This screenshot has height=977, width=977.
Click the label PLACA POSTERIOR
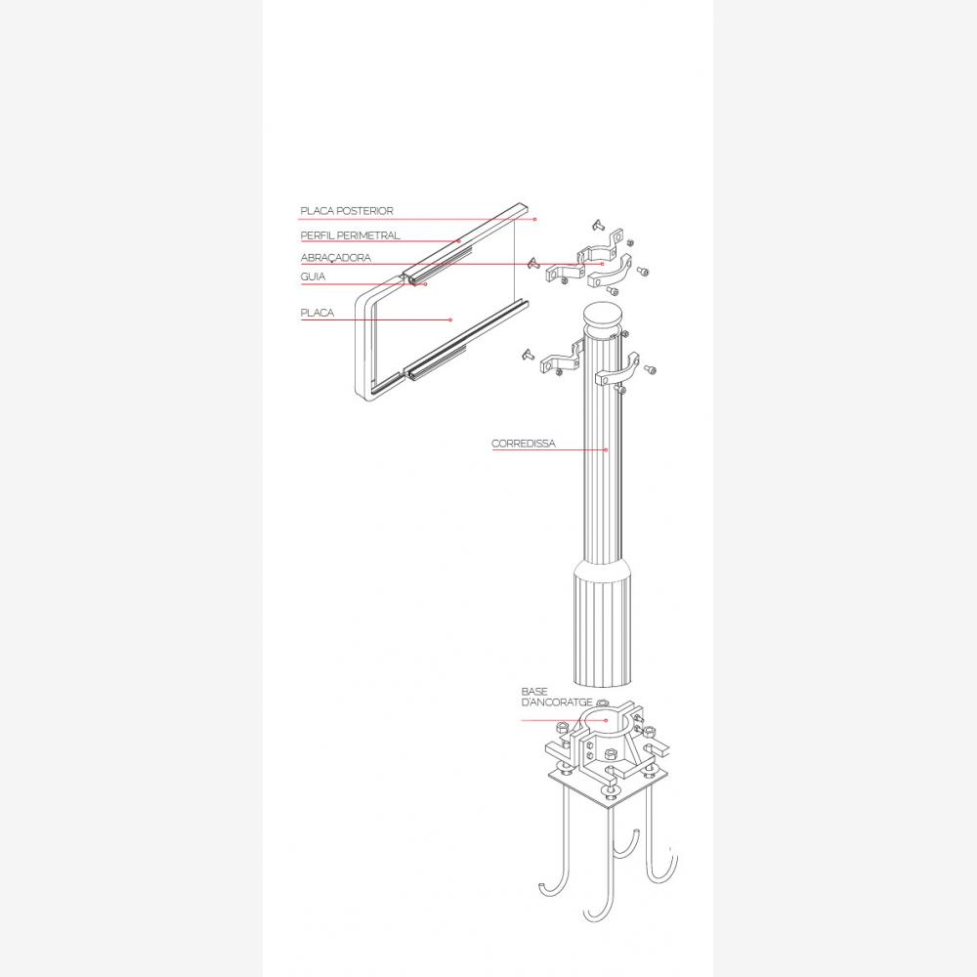coord(347,211)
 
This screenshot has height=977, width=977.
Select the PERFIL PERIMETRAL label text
coord(350,235)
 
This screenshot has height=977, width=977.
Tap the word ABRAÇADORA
coord(335,257)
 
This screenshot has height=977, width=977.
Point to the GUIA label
coord(313,276)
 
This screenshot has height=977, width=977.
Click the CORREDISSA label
coord(524,444)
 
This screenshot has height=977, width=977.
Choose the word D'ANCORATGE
coord(557,702)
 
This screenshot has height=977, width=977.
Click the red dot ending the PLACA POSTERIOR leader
coord(534,219)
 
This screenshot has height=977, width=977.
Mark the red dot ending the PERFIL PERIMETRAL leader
coord(459,241)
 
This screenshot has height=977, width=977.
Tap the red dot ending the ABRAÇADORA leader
coord(602,264)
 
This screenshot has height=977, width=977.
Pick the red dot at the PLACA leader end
coord(450,319)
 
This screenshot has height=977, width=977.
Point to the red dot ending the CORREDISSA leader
coord(606,449)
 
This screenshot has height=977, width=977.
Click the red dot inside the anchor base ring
coord(606,720)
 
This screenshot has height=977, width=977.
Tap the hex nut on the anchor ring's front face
coord(610,756)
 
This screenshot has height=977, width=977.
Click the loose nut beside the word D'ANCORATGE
coord(601,703)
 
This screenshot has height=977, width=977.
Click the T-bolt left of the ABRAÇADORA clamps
coord(533,263)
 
